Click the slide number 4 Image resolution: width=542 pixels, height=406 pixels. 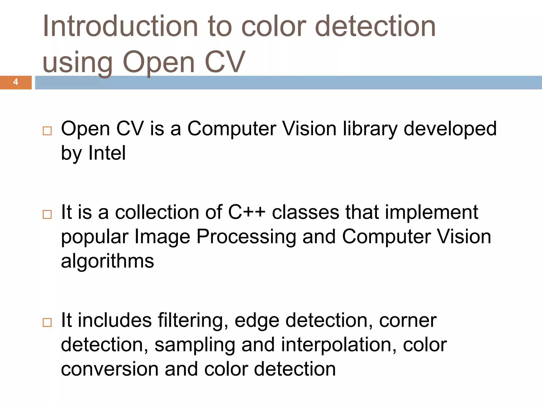[x=16, y=82]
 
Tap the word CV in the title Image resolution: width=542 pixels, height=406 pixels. [x=225, y=62]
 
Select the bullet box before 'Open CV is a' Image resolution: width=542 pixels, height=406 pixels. [x=47, y=131]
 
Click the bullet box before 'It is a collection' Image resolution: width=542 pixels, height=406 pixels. [x=47, y=214]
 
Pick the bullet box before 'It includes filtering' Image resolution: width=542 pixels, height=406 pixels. [x=47, y=322]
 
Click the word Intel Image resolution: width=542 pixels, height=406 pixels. [x=107, y=153]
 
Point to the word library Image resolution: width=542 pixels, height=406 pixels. [x=370, y=129]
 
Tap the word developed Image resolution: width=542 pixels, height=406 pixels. [x=450, y=129]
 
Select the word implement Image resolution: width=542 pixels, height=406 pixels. [x=431, y=213]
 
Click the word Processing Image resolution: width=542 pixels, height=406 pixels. [x=246, y=237]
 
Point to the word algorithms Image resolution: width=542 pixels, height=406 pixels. [x=107, y=261]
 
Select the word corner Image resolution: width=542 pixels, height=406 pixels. [x=408, y=321]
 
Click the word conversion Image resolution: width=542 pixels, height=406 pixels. [x=110, y=369]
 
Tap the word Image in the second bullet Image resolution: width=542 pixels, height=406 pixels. [x=162, y=237]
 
